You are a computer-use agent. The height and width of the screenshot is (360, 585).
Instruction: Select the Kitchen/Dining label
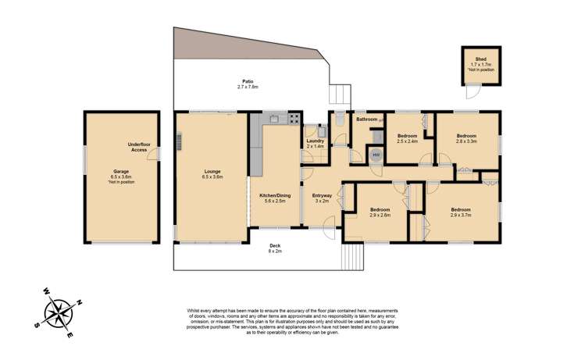[x=273, y=196]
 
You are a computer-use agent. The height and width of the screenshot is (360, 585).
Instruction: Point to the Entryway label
[x=322, y=195]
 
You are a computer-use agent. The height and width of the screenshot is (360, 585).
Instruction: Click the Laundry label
[x=315, y=141]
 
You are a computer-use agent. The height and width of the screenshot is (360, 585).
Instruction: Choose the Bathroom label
[x=367, y=119]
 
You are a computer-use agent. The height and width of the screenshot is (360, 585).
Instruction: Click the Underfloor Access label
[x=139, y=147]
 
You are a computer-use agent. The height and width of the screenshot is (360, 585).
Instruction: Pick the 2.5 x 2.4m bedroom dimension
[x=408, y=141]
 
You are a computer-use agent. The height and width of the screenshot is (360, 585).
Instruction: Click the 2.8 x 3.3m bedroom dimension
[x=467, y=141]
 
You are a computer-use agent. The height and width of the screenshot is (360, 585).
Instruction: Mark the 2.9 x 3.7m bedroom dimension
[x=460, y=215]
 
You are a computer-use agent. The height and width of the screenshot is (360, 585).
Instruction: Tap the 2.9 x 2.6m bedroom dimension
[x=380, y=215]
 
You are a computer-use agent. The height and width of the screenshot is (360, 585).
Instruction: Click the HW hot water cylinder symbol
[x=376, y=155]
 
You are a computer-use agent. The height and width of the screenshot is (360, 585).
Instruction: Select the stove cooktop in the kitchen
[x=295, y=119]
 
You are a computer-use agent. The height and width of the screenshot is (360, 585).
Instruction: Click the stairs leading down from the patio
[x=338, y=95]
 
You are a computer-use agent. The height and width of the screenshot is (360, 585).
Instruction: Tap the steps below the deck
[x=353, y=255]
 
